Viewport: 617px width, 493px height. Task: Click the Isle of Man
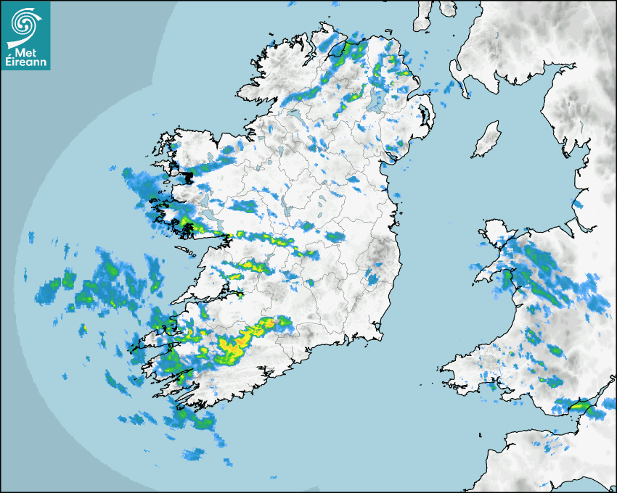coord(486,140)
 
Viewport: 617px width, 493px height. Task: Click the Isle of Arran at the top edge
coord(425,16)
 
